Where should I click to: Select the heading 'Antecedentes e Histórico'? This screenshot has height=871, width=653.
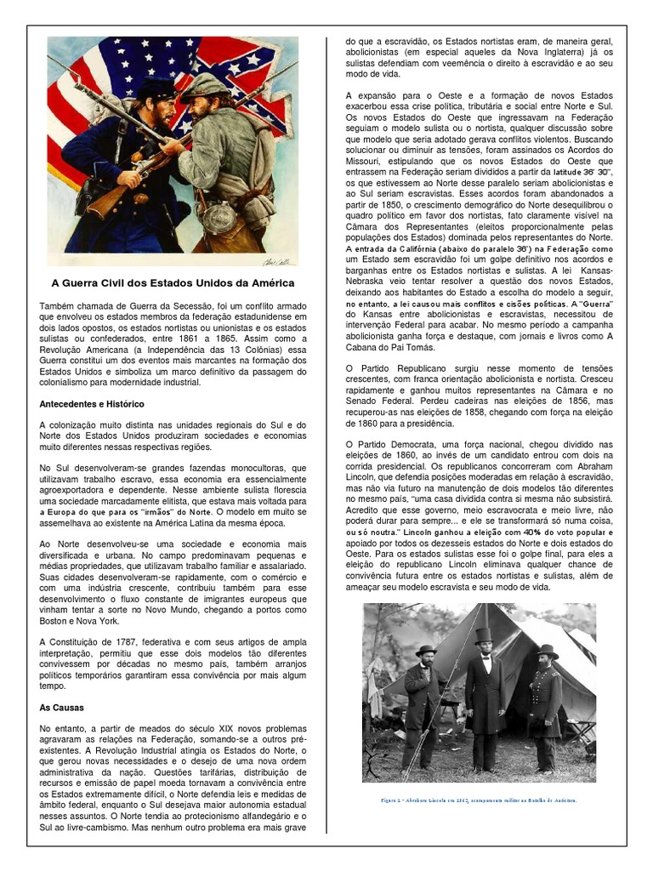(92, 403)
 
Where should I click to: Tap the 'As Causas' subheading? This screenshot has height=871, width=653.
(62, 707)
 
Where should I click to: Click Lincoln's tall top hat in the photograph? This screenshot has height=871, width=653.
(484, 635)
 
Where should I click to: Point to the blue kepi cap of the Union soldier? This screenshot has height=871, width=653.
(156, 87)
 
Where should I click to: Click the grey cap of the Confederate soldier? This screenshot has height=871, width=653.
(204, 85)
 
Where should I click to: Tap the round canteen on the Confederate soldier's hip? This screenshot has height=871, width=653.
(219, 216)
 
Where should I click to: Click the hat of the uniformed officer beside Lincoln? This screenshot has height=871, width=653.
(548, 651)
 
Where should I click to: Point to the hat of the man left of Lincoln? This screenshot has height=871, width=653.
(426, 650)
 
